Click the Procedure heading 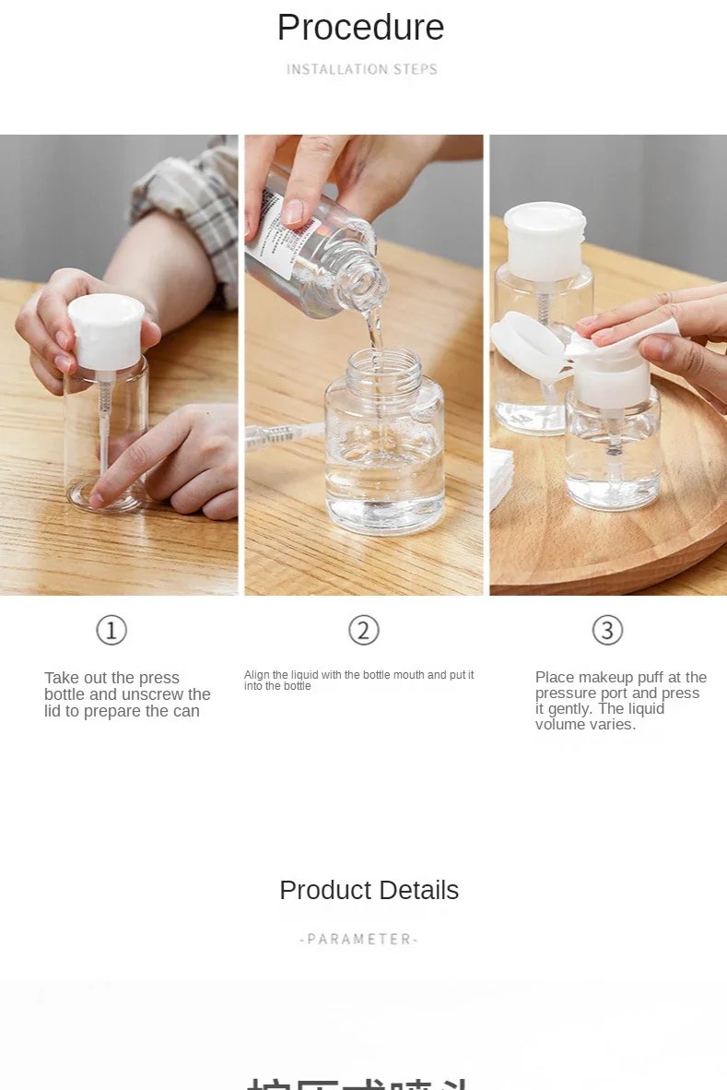point(360,28)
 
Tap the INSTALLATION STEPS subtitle point(361,69)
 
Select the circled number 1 point(111,631)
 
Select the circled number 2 point(364,631)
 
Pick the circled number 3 point(607,631)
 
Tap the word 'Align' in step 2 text point(256,675)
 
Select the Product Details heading point(369,890)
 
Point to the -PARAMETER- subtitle point(359,939)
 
